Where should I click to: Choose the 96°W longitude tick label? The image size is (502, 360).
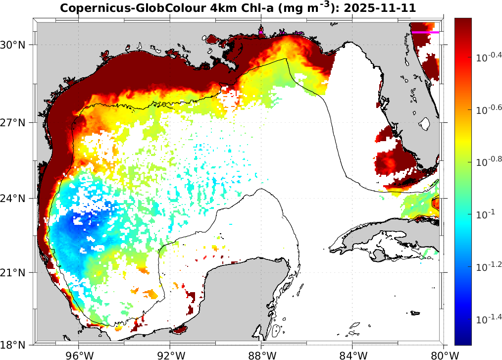tap(79, 355)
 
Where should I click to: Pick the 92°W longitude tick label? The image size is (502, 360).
tap(170, 355)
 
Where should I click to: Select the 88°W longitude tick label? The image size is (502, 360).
tap(261, 355)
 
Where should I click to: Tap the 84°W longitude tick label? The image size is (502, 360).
tap(352, 355)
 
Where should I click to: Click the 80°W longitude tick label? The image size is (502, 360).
tap(443, 355)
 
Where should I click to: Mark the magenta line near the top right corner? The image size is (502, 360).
tap(425, 32)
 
